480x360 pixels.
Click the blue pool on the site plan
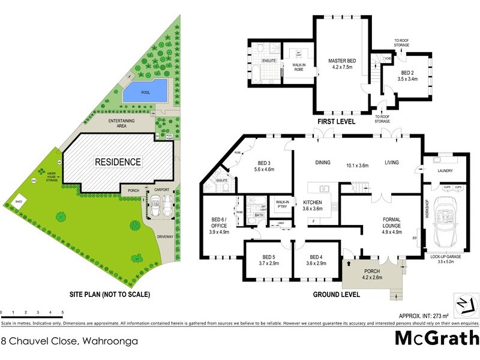tap(145, 91)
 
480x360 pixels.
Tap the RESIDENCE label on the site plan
tap(118, 161)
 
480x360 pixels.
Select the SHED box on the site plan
tap(19, 202)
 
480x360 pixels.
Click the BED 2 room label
tap(408, 75)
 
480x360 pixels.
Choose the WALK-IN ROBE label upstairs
tap(300, 64)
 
